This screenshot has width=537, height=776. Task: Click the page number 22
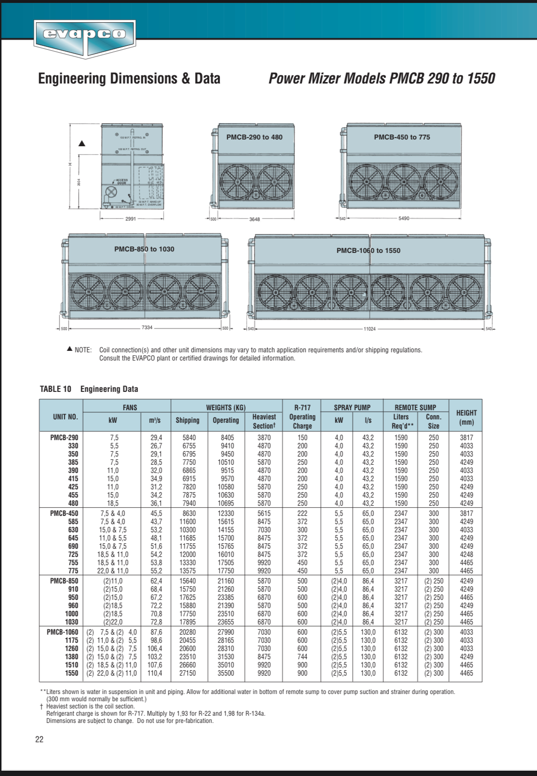point(39,739)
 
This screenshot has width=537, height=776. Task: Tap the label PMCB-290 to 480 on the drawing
point(254,137)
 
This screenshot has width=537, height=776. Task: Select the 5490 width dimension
point(403,219)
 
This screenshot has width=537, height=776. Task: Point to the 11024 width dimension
point(369,329)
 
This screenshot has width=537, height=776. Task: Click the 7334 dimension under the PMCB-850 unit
point(147,328)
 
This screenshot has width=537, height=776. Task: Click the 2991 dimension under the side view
point(130,219)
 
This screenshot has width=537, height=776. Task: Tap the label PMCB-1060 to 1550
point(368,250)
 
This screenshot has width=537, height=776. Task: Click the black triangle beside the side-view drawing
point(82,143)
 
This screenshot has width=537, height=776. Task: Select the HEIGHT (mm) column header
point(466,417)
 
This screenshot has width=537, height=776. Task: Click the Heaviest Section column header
point(264,421)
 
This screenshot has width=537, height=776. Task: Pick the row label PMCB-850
point(64,581)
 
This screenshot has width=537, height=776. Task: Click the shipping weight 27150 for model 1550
point(187,673)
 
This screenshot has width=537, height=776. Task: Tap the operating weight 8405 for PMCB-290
point(227,438)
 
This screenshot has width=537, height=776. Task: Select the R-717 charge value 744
point(302,657)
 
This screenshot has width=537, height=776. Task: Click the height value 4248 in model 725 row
point(466,554)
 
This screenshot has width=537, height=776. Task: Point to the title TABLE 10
point(55,389)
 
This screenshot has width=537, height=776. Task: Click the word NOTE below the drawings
point(83,350)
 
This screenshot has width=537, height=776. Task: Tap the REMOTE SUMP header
point(415,407)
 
